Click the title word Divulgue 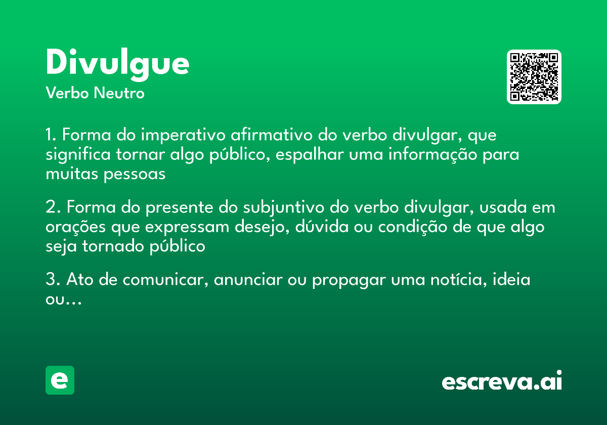point(117,64)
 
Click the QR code point(534,77)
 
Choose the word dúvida point(312,227)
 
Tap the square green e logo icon point(60,380)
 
